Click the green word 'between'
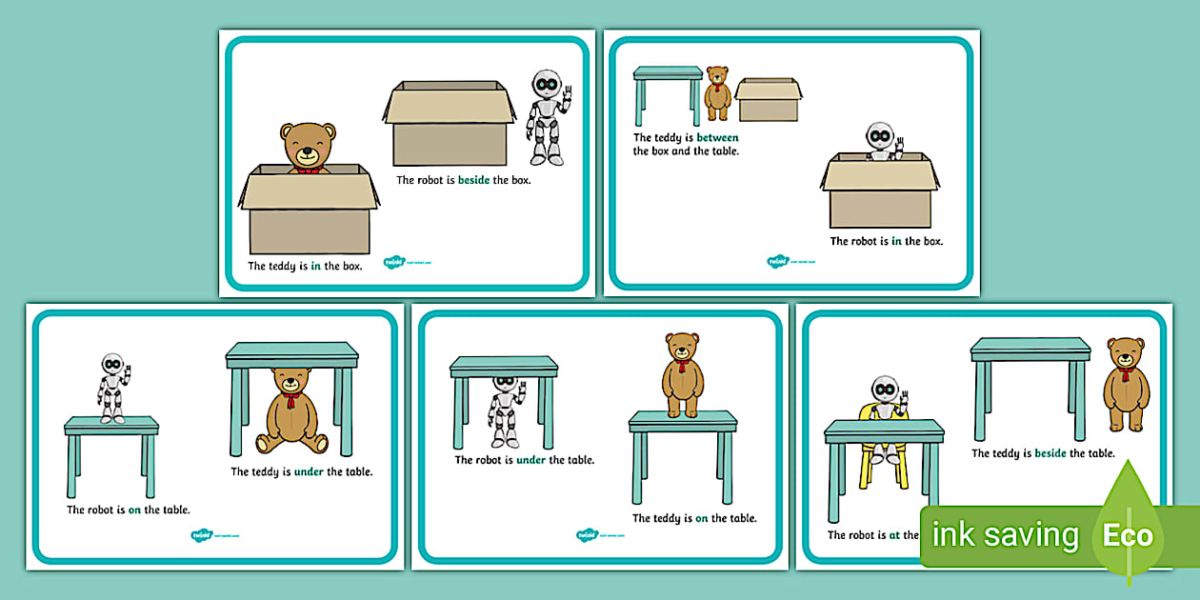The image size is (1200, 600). [x=717, y=138]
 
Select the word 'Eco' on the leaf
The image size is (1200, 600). [x=1128, y=535]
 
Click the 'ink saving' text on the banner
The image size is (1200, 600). [x=1005, y=535]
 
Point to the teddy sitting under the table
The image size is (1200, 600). [x=292, y=410]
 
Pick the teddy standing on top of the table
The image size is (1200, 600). [x=682, y=374]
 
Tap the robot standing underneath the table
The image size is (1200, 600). [x=505, y=410]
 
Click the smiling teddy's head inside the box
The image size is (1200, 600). [x=306, y=148]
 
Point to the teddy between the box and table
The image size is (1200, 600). [x=717, y=93]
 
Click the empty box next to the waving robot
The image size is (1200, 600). [x=449, y=124]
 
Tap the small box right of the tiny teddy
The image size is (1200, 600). [x=768, y=99]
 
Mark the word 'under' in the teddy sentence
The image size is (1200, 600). [x=310, y=471]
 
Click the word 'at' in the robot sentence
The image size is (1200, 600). [x=894, y=535]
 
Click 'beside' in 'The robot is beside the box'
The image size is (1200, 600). [x=473, y=180]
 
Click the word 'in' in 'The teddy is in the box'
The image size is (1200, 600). [x=314, y=267]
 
